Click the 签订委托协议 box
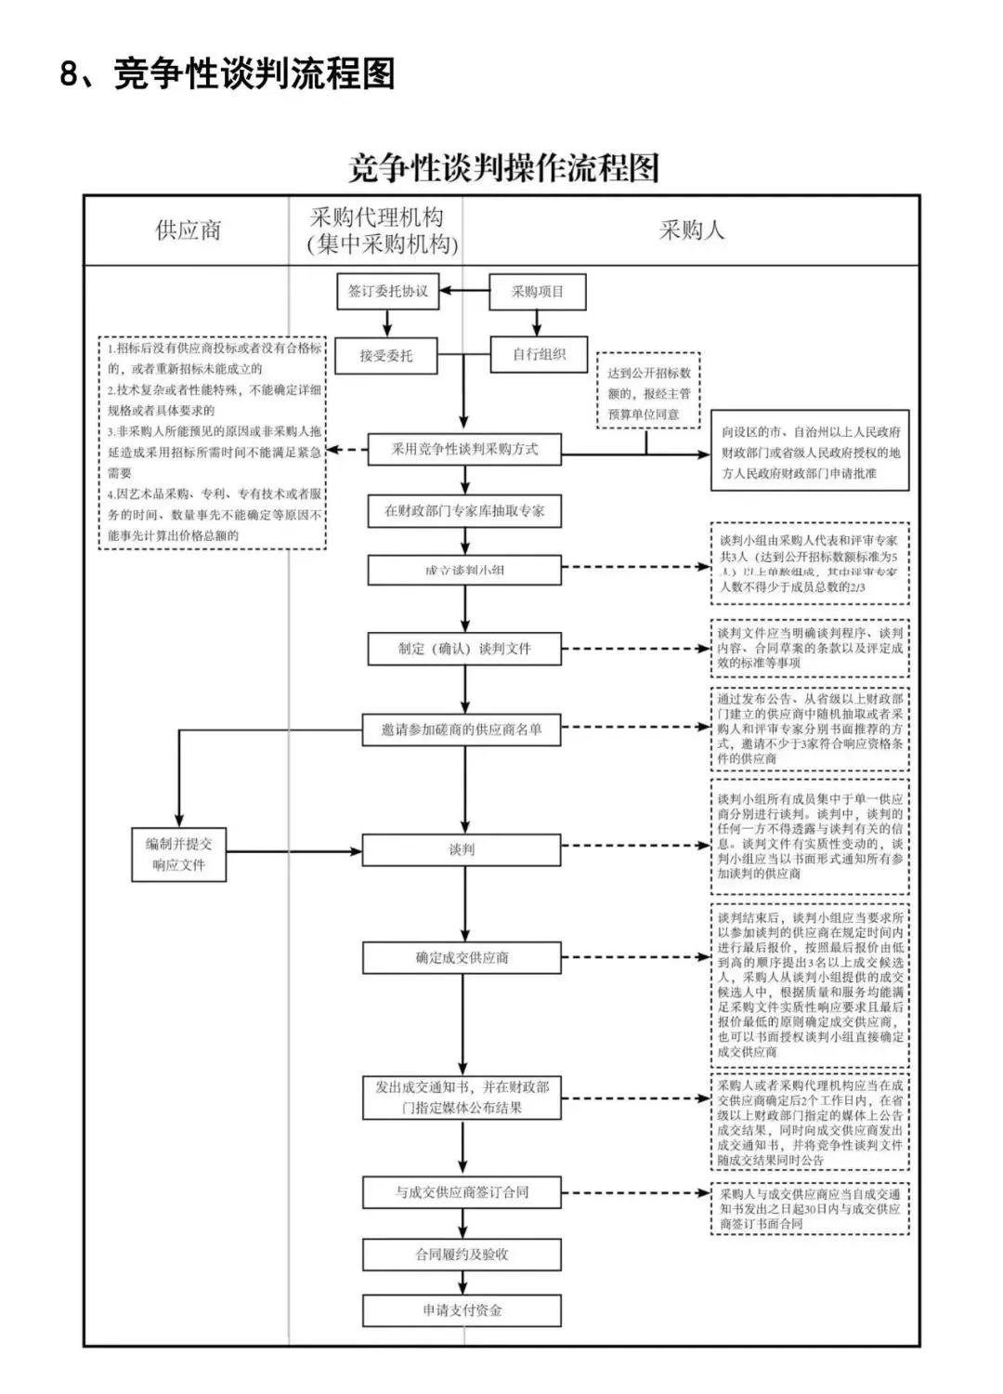[x=387, y=291]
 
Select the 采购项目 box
[x=538, y=291]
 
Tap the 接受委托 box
[x=385, y=355]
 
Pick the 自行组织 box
[x=539, y=354]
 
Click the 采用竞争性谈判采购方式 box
[x=464, y=449]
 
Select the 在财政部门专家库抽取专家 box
[x=464, y=511]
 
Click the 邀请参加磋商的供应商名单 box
[x=462, y=730]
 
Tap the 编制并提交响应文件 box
[x=178, y=854]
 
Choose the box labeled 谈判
[x=462, y=849]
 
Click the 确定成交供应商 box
[x=462, y=957]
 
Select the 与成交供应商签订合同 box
[x=462, y=1191]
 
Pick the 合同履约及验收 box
[x=462, y=1254]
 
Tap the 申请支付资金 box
[x=462, y=1310]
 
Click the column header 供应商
[x=188, y=230]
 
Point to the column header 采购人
[x=691, y=230]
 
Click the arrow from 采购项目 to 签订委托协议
[x=464, y=291]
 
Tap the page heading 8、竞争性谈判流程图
[x=228, y=73]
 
